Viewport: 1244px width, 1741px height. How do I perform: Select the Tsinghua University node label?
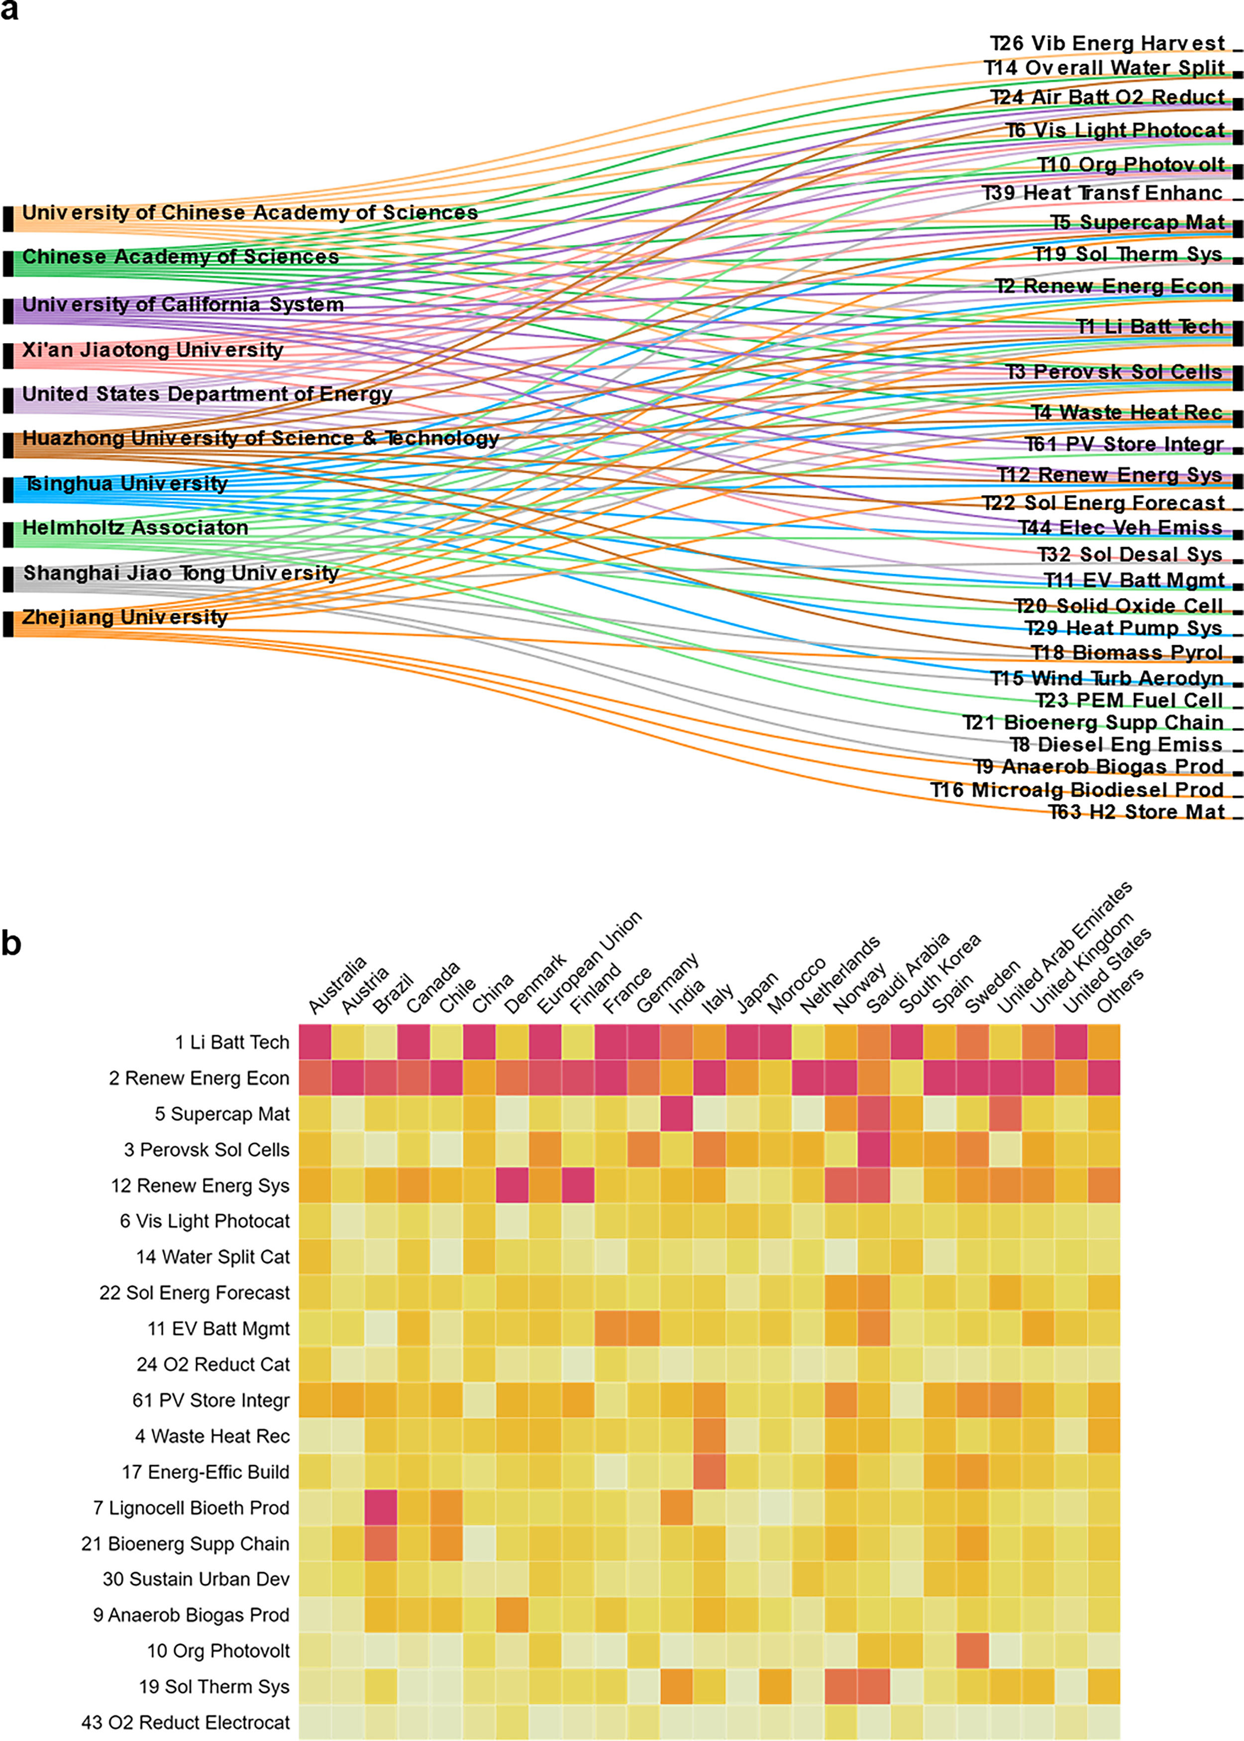click(125, 483)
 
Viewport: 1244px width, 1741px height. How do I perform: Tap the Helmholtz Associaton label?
click(135, 527)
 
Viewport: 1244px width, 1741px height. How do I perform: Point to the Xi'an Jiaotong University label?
click(152, 350)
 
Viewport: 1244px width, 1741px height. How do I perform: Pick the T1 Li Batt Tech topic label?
click(1150, 327)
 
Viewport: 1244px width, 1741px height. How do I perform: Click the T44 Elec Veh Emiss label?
click(1120, 527)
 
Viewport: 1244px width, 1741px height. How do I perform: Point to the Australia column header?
click(337, 985)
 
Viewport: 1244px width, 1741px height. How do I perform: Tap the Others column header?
click(1121, 990)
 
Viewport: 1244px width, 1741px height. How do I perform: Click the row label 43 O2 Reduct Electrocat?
click(186, 1723)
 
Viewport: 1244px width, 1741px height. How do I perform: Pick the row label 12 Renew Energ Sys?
click(200, 1185)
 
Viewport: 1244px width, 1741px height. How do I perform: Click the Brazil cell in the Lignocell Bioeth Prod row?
click(381, 1508)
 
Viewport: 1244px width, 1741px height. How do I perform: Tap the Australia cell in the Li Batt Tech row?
click(315, 1042)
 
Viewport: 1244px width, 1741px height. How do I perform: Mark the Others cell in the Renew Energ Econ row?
click(1104, 1077)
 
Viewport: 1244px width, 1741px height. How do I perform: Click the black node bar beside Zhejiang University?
click(8, 624)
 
